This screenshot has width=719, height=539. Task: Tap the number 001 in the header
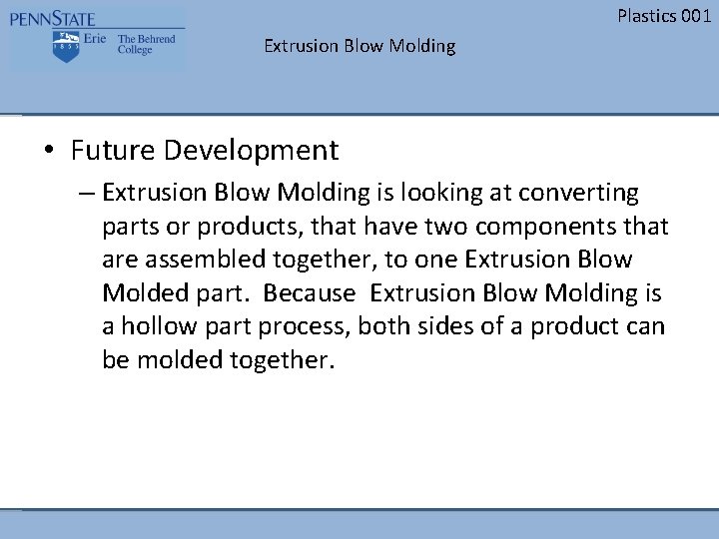click(x=695, y=15)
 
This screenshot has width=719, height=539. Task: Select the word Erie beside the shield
click(x=96, y=40)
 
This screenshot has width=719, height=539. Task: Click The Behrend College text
click(x=146, y=44)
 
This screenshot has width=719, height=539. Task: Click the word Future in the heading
click(x=108, y=151)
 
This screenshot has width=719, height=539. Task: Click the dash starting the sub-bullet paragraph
click(x=87, y=192)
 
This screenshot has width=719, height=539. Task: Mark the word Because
click(x=312, y=293)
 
